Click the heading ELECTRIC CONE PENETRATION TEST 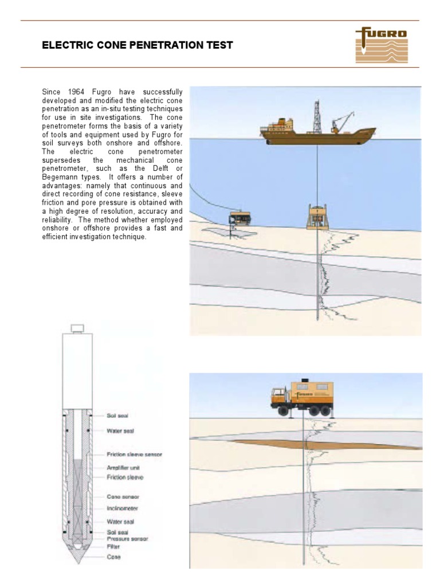coord(137,45)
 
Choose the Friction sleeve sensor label coord(134,454)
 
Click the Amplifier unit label coord(123,468)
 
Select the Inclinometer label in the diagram coord(123,508)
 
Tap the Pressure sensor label coord(127,539)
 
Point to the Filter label coord(113,546)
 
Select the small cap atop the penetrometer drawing coord(76,328)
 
